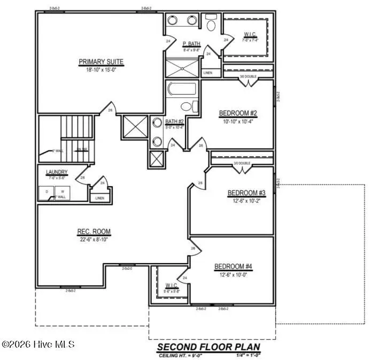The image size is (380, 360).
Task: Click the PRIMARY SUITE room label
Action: [101, 62]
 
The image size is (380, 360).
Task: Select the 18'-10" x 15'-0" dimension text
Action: [101, 70]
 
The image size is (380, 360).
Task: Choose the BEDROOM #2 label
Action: [238, 113]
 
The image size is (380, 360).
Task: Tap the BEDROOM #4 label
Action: [233, 266]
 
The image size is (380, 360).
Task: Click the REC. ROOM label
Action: [94, 232]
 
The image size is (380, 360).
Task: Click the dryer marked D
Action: [46, 192]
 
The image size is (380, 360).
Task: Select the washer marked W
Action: [62, 192]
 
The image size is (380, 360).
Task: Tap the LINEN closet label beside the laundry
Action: [100, 198]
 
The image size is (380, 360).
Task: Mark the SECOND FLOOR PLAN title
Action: [212, 347]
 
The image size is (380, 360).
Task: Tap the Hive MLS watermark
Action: [38, 344]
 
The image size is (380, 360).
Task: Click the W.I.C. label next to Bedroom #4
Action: [172, 285]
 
